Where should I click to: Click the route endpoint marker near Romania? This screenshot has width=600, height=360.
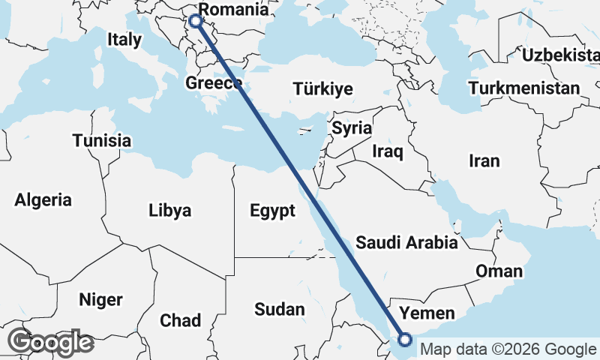pyautogui.click(x=196, y=21)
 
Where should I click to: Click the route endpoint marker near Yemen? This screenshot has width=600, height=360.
pyautogui.click(x=405, y=340)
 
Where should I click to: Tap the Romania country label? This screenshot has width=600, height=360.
pyautogui.click(x=235, y=10)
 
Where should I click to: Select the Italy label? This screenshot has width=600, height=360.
pyautogui.click(x=124, y=40)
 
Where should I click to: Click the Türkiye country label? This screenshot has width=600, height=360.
pyautogui.click(x=322, y=89)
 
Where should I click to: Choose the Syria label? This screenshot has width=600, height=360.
pyautogui.click(x=352, y=128)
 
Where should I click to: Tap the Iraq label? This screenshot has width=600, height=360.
pyautogui.click(x=388, y=152)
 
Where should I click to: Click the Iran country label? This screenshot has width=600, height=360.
pyautogui.click(x=484, y=161)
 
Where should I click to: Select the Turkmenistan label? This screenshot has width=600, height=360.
pyautogui.click(x=523, y=88)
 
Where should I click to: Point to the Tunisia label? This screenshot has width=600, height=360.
pyautogui.click(x=102, y=140)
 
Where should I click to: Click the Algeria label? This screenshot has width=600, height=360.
pyautogui.click(x=43, y=200)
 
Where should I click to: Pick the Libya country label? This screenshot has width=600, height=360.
pyautogui.click(x=169, y=210)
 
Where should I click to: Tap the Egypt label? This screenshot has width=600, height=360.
pyautogui.click(x=272, y=211)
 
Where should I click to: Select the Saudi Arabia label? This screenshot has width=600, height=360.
pyautogui.click(x=406, y=242)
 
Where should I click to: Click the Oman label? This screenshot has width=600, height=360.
pyautogui.click(x=499, y=271)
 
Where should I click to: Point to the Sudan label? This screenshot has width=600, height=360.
pyautogui.click(x=280, y=309)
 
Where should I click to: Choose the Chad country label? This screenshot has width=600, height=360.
pyautogui.click(x=180, y=321)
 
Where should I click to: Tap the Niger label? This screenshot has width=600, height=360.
pyautogui.click(x=100, y=300)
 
